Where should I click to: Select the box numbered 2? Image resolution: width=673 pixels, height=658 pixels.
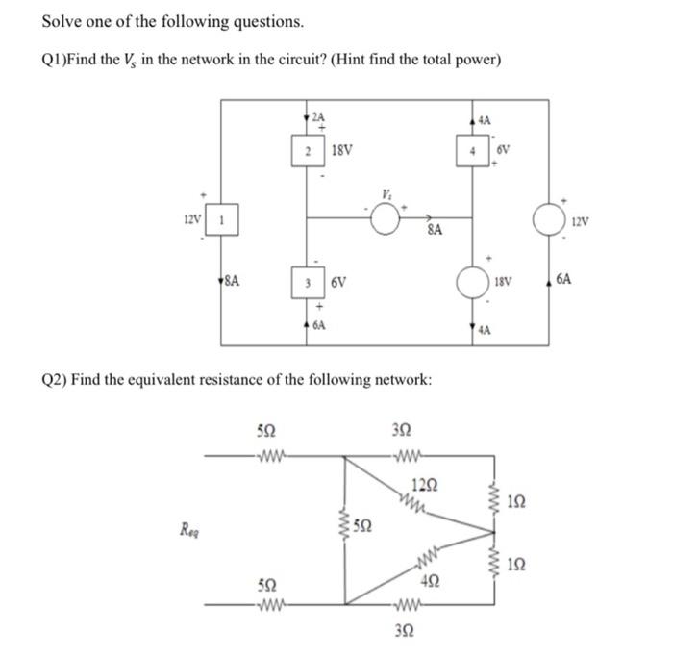click(x=306, y=150)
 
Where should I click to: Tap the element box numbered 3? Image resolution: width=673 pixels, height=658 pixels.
click(x=306, y=284)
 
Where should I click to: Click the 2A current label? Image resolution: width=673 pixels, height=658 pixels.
click(x=317, y=116)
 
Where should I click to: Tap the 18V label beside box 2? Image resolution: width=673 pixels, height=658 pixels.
click(x=341, y=151)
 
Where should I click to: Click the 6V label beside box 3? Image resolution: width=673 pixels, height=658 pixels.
click(x=337, y=284)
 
